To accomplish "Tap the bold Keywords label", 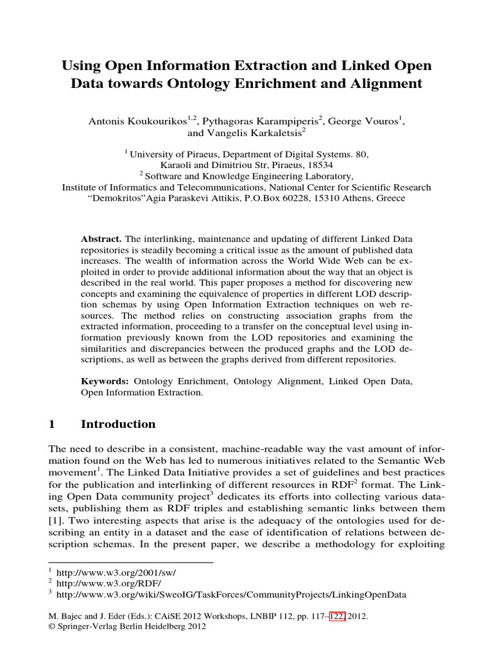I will (x=103, y=381).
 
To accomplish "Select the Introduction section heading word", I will (x=118, y=424).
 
